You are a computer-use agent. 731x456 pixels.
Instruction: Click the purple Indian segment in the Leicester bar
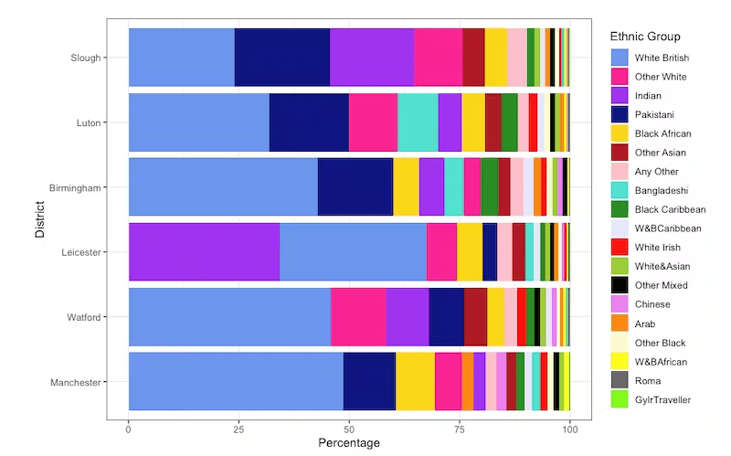click(204, 251)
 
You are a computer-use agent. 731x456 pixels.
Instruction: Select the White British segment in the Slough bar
click(181, 57)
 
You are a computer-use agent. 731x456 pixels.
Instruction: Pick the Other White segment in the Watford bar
click(358, 317)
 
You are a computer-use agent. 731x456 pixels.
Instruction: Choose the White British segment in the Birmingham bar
click(223, 186)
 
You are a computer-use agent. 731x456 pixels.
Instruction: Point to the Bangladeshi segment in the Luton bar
click(418, 122)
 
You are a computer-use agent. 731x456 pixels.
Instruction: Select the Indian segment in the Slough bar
click(372, 57)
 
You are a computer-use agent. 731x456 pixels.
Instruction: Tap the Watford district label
click(81, 317)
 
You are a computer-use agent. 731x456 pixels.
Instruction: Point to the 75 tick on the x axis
click(460, 427)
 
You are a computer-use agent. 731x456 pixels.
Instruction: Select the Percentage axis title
click(348, 443)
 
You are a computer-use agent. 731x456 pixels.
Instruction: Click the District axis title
click(39, 219)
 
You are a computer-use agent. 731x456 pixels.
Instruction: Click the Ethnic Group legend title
click(644, 37)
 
